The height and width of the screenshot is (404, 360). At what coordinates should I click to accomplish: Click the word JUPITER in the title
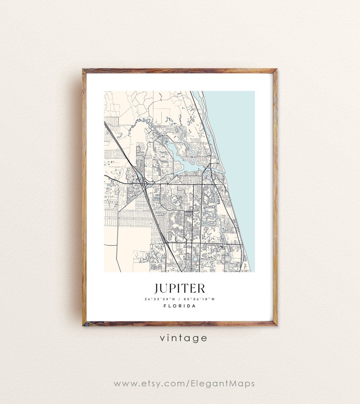(180, 288)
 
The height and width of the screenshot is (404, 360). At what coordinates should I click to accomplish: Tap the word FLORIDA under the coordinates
(180, 306)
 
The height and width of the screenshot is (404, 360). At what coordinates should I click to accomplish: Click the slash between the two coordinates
(180, 299)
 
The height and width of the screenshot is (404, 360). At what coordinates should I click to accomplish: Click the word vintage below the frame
(183, 338)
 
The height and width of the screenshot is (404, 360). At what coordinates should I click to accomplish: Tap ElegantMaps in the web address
(221, 384)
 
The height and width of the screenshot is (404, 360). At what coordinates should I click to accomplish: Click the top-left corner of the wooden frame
(84, 71)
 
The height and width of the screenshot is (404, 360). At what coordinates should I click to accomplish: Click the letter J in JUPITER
(156, 289)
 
